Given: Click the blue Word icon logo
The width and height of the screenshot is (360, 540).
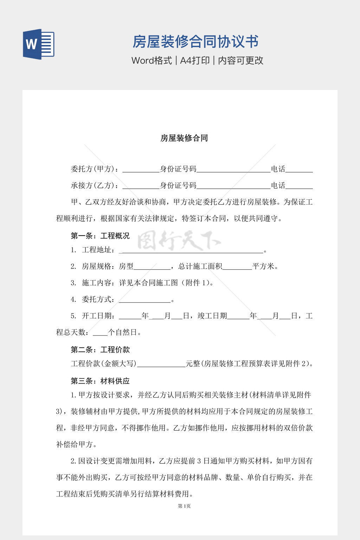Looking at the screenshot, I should (x=39, y=44).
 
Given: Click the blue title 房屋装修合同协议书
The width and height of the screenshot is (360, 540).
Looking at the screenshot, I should (x=195, y=41).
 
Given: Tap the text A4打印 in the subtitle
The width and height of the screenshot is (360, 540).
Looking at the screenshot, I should (x=195, y=60).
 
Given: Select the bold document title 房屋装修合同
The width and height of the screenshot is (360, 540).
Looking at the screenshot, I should (x=184, y=138).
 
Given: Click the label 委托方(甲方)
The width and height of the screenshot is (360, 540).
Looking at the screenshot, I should (x=92, y=169).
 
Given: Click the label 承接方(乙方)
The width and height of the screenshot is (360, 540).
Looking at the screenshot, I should (x=92, y=186).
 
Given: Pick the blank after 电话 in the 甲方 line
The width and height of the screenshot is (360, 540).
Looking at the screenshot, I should (x=299, y=170).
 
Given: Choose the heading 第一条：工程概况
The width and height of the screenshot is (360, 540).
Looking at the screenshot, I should (x=100, y=236).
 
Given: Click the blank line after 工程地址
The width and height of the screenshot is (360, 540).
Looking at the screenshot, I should (x=192, y=250).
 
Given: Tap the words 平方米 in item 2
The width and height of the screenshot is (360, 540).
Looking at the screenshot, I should (x=263, y=266).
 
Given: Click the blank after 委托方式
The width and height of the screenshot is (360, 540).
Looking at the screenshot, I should (x=144, y=300).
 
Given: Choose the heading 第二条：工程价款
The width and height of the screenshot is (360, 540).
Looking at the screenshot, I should (x=100, y=350).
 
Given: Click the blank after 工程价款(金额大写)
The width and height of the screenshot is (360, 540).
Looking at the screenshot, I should (x=161, y=364).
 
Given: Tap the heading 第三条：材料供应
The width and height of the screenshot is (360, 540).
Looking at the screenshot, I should (x=100, y=381).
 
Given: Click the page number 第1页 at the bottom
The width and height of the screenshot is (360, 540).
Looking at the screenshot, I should (x=184, y=506).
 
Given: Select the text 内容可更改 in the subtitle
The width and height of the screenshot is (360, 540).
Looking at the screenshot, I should (x=241, y=60).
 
